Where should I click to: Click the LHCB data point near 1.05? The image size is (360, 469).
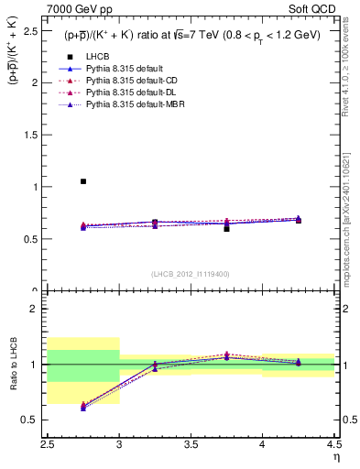pos(83,181)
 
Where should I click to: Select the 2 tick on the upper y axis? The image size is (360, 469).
pos(42,82)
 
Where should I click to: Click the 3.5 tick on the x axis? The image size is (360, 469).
pos(191,446)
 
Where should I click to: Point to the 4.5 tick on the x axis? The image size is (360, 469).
pos(333,446)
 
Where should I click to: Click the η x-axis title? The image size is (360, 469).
pos(336,458)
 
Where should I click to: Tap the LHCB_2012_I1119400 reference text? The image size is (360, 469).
pos(191,274)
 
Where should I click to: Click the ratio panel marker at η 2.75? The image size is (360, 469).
pos(83,406)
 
